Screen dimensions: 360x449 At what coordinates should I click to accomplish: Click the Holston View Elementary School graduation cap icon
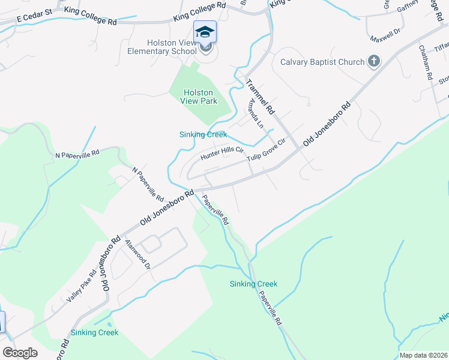[205, 32]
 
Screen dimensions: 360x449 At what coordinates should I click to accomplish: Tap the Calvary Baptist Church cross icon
[374, 61]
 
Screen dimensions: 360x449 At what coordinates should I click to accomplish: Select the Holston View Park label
[199, 97]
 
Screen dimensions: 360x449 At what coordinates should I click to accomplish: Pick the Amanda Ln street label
[253, 114]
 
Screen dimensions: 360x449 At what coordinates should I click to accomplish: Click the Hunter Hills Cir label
[221, 153]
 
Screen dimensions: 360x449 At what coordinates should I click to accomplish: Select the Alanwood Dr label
[137, 254]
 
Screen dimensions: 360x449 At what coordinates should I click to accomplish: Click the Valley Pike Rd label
[82, 287]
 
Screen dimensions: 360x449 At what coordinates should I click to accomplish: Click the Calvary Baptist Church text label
[322, 62]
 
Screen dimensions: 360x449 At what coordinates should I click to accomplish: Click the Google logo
[20, 353]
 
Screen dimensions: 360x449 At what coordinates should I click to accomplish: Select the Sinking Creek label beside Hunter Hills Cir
[203, 134]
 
